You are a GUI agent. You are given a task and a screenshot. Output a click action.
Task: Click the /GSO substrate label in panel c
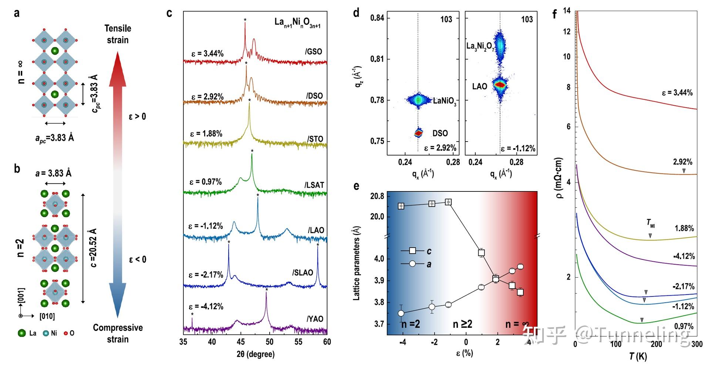(x=314, y=52)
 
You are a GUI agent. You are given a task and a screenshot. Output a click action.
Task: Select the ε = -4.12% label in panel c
(x=206, y=307)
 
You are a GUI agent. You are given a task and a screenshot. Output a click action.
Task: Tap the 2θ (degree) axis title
(x=256, y=354)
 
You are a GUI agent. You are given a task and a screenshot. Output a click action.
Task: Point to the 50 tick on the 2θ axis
(x=270, y=342)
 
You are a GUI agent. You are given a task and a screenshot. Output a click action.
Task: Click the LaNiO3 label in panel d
(x=444, y=101)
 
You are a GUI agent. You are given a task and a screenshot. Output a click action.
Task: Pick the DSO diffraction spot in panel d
(x=418, y=133)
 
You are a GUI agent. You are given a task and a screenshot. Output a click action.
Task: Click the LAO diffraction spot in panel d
(x=500, y=85)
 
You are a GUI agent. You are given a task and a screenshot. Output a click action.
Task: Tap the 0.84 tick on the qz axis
(x=377, y=18)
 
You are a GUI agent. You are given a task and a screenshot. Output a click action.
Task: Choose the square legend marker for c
(x=412, y=251)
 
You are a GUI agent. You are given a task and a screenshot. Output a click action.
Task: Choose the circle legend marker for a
(x=412, y=264)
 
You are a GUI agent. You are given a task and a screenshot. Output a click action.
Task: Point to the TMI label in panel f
(x=650, y=223)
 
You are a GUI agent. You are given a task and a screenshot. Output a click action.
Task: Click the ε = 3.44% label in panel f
(x=677, y=93)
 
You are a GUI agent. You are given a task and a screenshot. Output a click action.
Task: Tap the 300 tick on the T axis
(x=697, y=344)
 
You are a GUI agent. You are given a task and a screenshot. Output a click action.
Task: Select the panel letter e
(x=356, y=186)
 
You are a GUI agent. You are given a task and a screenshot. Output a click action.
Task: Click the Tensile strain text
(x=118, y=34)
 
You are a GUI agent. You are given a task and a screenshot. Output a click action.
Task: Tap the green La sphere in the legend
(x=21, y=333)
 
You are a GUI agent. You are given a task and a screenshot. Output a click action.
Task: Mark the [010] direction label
(x=47, y=316)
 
